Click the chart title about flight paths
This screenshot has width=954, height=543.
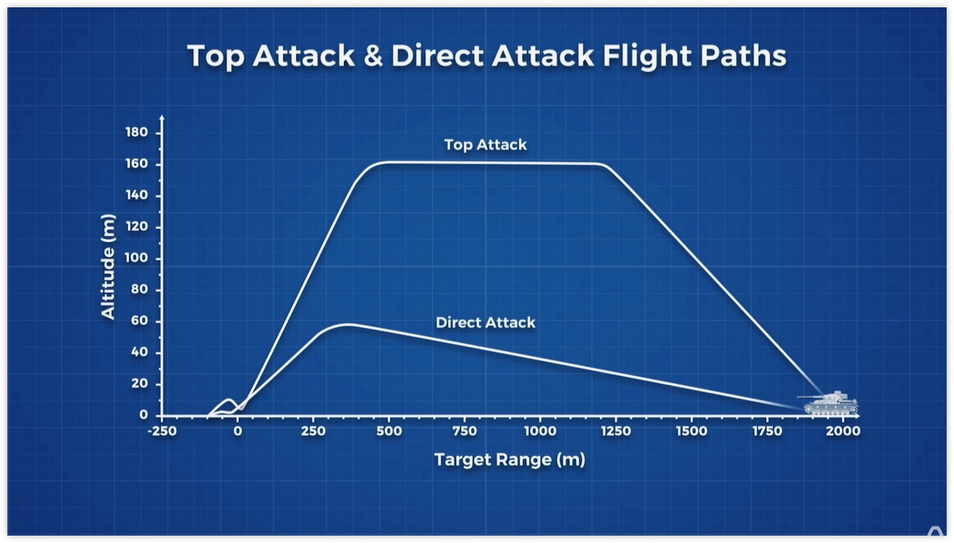pyautogui.click(x=487, y=56)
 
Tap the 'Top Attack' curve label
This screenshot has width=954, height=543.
pyautogui.click(x=485, y=145)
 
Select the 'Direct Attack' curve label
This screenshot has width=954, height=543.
pyautogui.click(x=485, y=322)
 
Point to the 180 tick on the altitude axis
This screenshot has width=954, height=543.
pyautogui.click(x=136, y=133)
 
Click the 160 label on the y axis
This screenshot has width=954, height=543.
pyautogui.click(x=136, y=164)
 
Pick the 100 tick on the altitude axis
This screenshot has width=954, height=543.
pyautogui.click(x=136, y=258)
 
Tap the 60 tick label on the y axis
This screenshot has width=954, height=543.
pyautogui.click(x=139, y=321)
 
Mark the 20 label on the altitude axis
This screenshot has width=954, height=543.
pyautogui.click(x=139, y=384)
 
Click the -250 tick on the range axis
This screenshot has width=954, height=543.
pyautogui.click(x=162, y=431)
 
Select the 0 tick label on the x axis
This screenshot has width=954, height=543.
pyautogui.click(x=238, y=431)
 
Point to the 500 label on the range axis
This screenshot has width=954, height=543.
pyautogui.click(x=389, y=431)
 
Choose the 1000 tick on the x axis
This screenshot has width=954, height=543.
pyautogui.click(x=540, y=431)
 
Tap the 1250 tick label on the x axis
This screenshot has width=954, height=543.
pyautogui.click(x=616, y=431)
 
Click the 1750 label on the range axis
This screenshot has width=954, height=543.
pyautogui.click(x=768, y=431)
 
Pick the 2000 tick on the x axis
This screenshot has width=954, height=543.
pyautogui.click(x=843, y=431)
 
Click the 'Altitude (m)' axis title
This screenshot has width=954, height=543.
pyautogui.click(x=108, y=267)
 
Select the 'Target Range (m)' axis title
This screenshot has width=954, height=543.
pyautogui.click(x=510, y=460)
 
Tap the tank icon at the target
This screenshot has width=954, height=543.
pyautogui.click(x=829, y=403)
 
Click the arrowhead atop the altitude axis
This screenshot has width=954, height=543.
pyautogui.click(x=162, y=117)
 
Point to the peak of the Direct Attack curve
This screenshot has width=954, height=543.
pyautogui.click(x=349, y=324)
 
